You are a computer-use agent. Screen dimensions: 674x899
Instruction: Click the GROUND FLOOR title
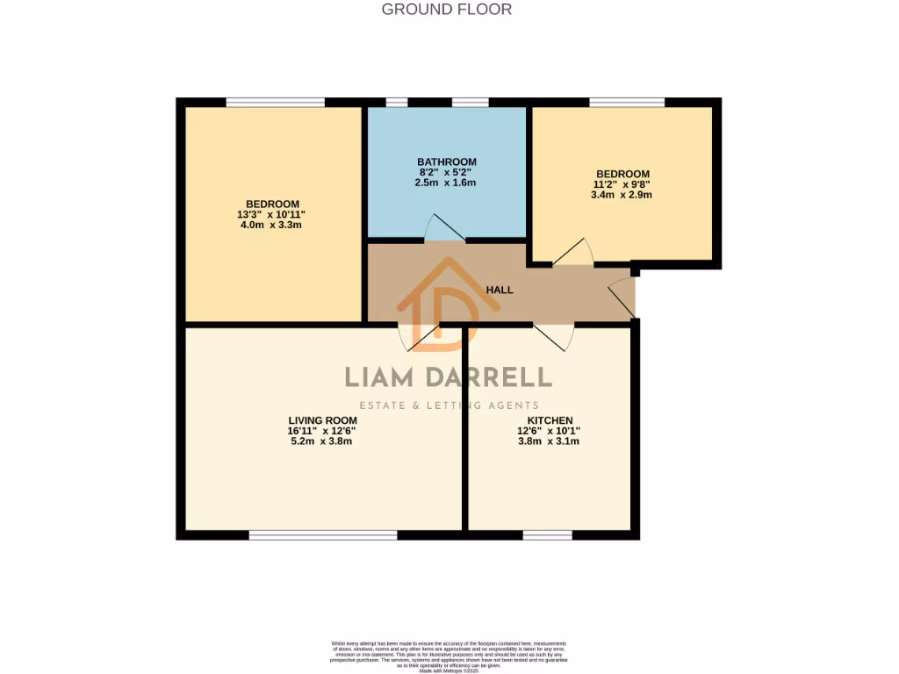[446, 10]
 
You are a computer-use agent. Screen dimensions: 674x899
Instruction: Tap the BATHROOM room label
[446, 161]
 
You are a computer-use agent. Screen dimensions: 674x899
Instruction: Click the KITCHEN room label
[550, 420]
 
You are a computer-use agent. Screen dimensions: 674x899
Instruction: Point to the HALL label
[500, 290]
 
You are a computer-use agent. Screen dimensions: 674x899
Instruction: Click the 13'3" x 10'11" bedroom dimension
[271, 214]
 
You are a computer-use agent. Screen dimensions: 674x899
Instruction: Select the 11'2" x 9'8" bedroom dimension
[622, 184]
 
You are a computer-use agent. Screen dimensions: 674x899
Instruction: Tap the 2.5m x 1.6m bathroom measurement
[446, 183]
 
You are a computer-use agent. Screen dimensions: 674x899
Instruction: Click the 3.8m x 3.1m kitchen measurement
[550, 441]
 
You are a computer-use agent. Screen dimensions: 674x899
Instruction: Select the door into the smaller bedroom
[573, 253]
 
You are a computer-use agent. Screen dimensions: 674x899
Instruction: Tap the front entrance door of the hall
[622, 298]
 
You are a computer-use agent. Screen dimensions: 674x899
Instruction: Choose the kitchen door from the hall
[554, 334]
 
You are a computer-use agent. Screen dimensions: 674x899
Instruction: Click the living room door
[419, 336]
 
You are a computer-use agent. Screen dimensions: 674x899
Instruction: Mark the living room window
[322, 534]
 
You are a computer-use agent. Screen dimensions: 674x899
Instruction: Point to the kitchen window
[548, 534]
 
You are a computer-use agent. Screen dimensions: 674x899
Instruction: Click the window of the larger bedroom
[275, 103]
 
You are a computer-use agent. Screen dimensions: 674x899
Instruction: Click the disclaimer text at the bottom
[449, 656]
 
